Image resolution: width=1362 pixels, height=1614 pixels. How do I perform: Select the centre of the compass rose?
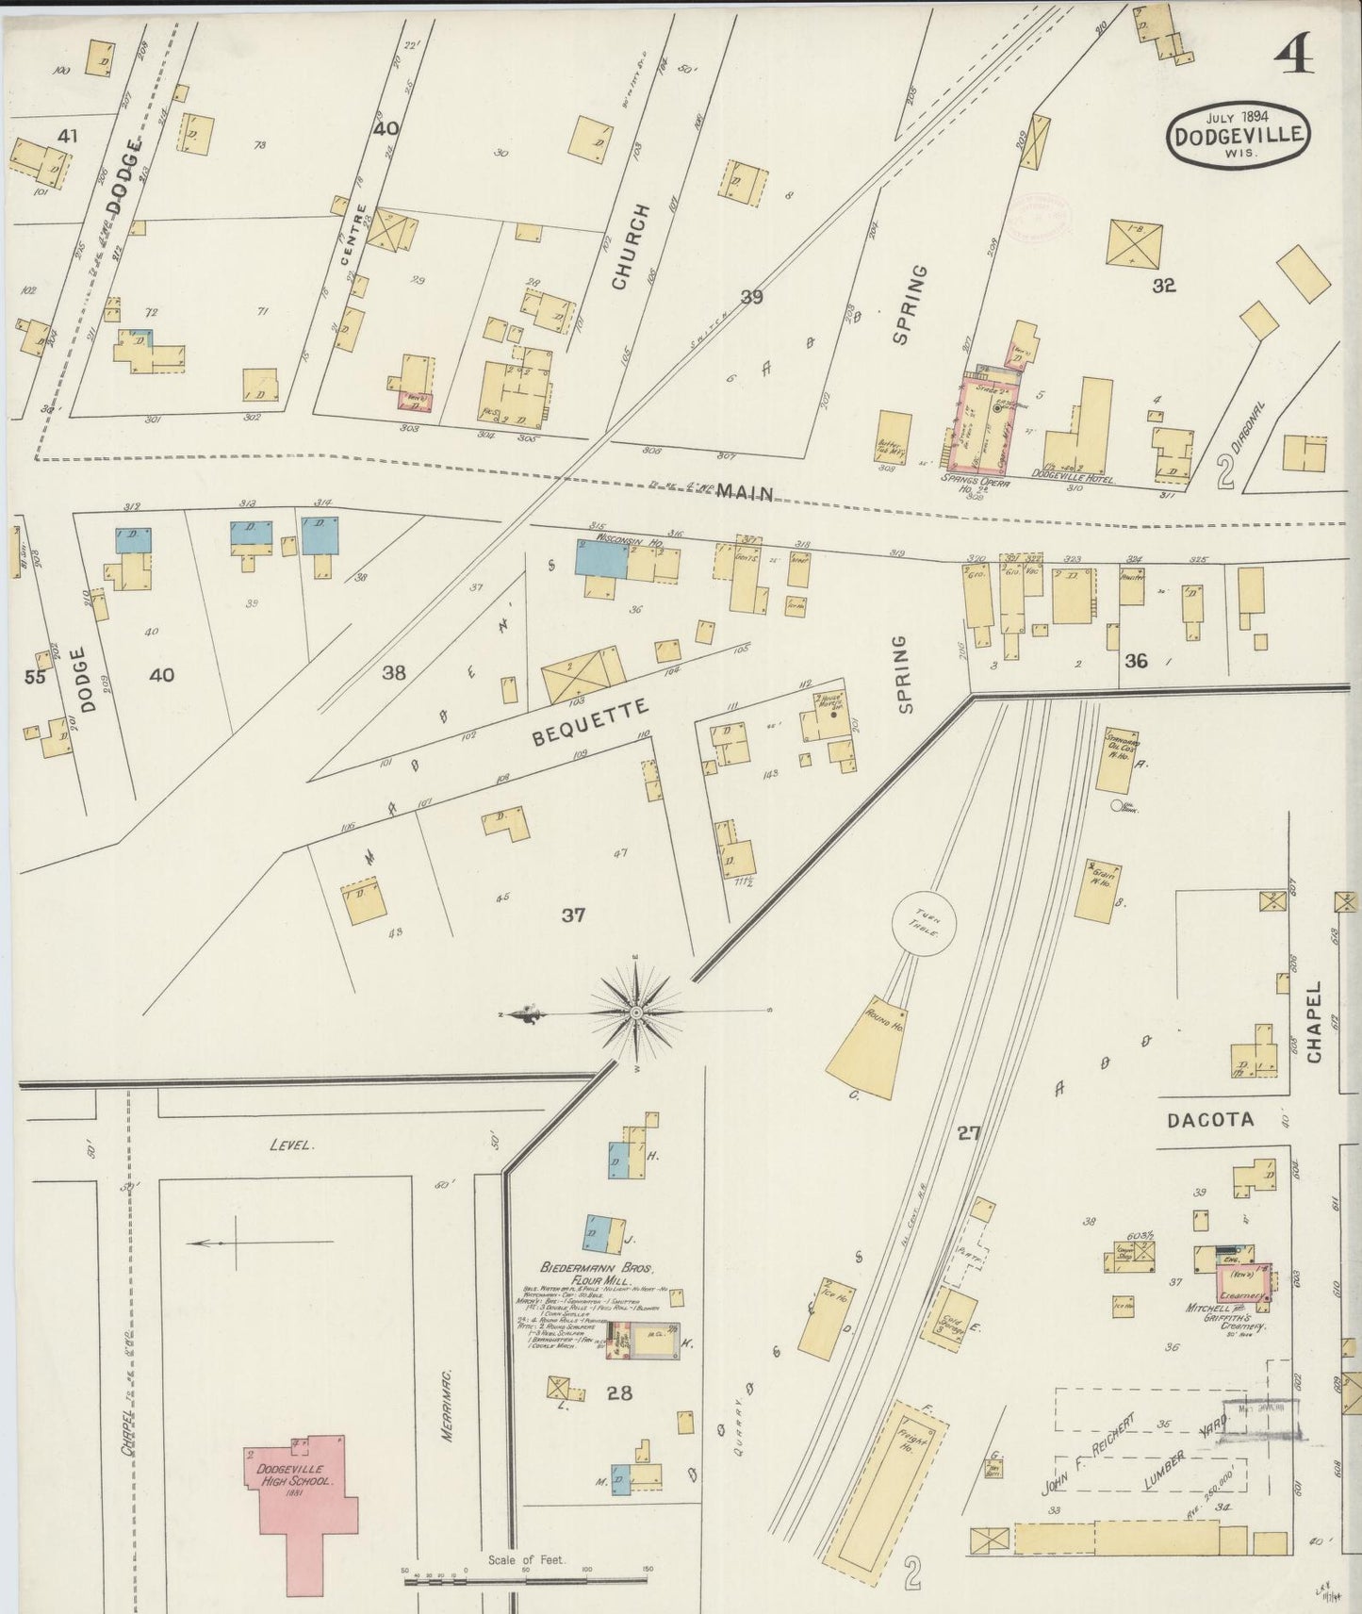point(636,1012)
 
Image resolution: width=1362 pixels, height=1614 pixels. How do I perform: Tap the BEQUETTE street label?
point(591,722)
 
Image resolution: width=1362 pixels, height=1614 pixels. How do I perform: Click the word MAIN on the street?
point(745,492)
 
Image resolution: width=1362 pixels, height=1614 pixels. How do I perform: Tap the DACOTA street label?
point(1210,1120)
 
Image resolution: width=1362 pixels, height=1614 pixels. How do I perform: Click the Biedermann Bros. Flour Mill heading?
point(597,1273)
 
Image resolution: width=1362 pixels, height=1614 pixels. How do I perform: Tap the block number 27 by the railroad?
point(969,1134)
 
